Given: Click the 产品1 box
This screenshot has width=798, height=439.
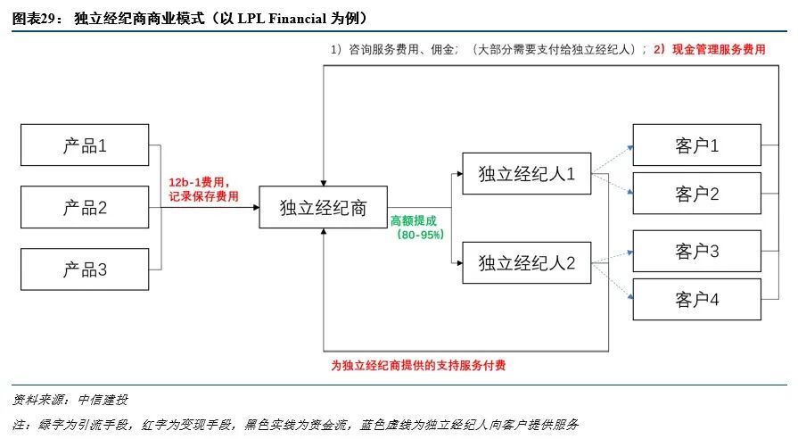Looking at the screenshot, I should click(85, 145).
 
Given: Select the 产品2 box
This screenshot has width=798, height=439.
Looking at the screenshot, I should click(85, 207).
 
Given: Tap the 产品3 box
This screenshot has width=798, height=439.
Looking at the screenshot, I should click(85, 269).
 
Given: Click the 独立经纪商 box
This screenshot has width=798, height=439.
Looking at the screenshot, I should click(323, 207).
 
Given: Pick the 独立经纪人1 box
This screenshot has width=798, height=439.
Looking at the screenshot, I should click(526, 174).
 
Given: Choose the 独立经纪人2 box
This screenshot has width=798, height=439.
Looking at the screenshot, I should click(526, 262).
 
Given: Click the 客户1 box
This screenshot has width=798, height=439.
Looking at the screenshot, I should click(696, 145).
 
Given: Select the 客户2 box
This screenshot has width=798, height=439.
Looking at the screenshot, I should click(696, 194).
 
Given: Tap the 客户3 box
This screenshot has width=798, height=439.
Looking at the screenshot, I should click(696, 251).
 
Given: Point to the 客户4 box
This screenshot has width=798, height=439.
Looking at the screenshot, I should click(696, 300).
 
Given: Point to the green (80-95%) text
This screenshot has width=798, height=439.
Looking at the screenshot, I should click(415, 234).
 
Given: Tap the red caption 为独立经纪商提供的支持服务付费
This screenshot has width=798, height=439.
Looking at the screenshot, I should click(419, 366).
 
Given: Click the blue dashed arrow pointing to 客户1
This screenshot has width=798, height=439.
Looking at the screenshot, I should click(612, 158).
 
